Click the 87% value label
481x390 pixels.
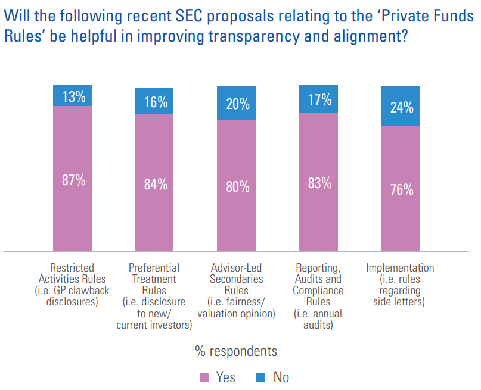coord(74,180)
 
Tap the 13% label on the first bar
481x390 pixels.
coord(74,96)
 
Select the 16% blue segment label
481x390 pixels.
coord(156,102)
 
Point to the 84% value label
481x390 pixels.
coord(156,184)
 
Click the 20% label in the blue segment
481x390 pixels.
coord(237,104)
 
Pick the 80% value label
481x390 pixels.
coord(237,186)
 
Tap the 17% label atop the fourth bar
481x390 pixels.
coord(319,100)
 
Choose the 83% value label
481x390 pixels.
coord(319,183)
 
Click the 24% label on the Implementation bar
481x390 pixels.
coord(401,107)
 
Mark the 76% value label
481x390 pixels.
coord(401,189)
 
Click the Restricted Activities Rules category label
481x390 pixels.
coord(72,285)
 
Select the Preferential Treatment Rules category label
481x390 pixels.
coord(154,296)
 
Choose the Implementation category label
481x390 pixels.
coord(400,285)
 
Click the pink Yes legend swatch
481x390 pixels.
coord(203,377)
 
